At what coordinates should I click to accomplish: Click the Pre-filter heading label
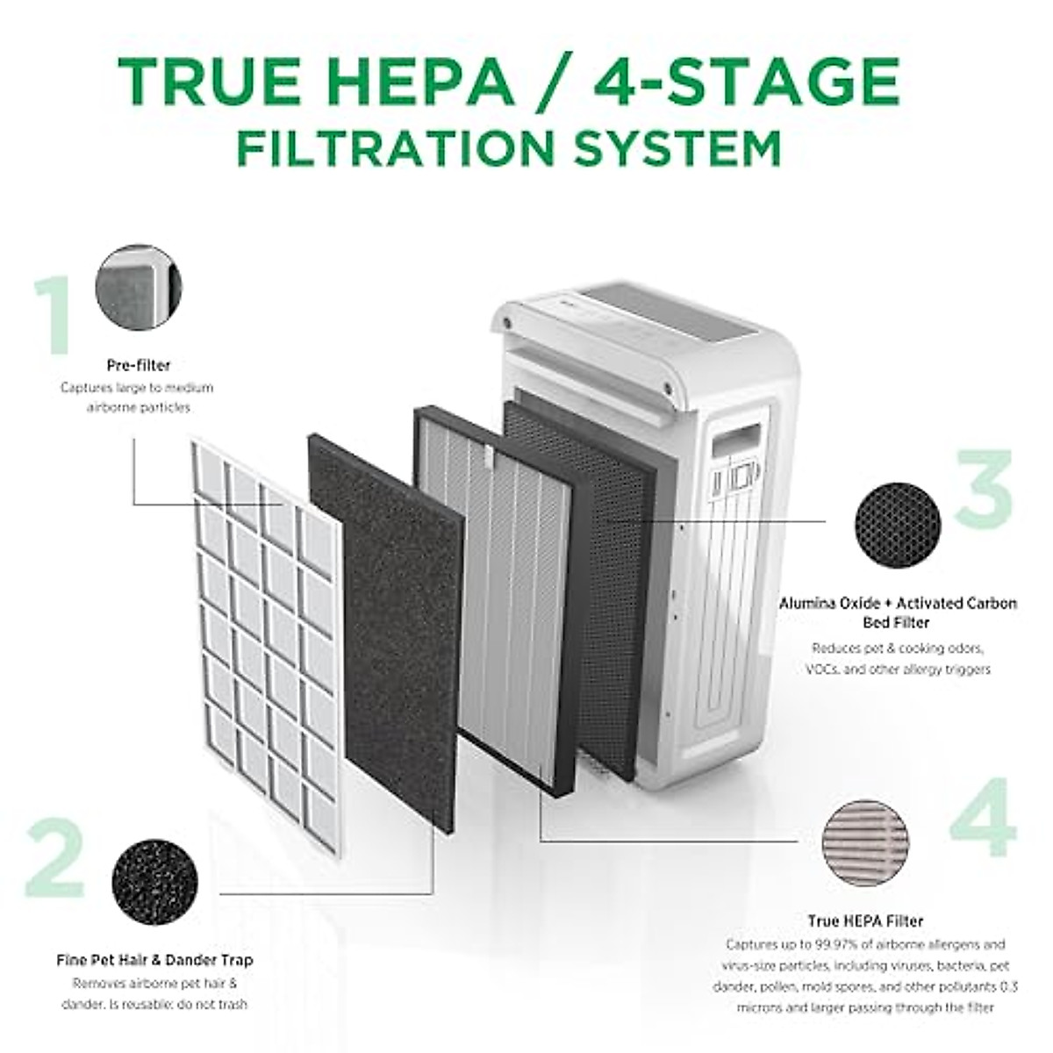[139, 365]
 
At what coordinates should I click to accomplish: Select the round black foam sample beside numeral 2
[154, 880]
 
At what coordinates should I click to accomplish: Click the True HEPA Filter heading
[865, 921]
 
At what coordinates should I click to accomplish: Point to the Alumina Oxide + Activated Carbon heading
[898, 604]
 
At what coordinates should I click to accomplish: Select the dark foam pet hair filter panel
[386, 632]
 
